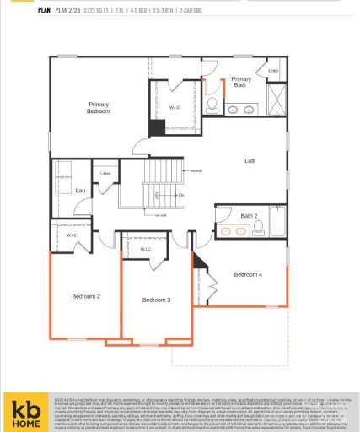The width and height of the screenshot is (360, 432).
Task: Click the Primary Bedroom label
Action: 99,107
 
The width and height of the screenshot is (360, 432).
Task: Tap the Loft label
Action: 250,161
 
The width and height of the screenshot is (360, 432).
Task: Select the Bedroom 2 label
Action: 86,296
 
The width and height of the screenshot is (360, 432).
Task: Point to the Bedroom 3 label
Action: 156,300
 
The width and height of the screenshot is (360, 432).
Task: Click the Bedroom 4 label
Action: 248,275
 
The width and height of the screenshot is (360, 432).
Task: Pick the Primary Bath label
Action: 241,82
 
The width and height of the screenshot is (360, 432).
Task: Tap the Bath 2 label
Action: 249,216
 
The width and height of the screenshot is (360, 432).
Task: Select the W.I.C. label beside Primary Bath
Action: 175,106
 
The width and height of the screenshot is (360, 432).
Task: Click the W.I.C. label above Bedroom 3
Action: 145,250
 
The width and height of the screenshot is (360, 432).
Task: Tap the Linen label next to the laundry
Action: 105,175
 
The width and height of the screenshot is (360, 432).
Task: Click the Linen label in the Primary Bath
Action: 272,71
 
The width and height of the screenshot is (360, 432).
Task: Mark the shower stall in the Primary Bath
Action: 275,101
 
